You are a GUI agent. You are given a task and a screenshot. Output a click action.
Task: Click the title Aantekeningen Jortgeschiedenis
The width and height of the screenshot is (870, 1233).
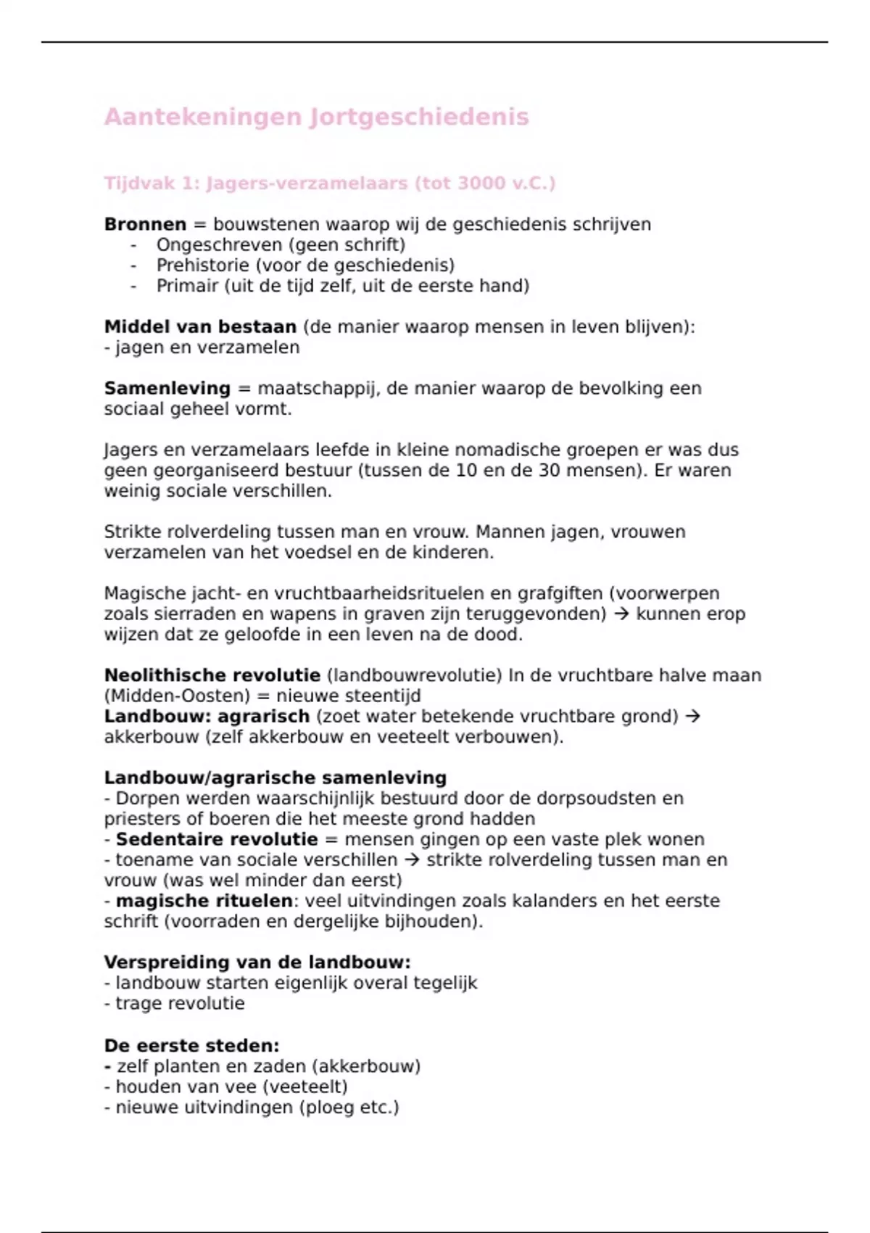316,117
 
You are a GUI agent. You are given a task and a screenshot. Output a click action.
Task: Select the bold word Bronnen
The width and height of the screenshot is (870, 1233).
145,224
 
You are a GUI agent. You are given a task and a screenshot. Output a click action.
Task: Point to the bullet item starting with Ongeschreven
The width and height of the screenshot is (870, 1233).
281,245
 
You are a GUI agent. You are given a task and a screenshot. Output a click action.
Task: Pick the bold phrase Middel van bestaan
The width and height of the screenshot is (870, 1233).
200,327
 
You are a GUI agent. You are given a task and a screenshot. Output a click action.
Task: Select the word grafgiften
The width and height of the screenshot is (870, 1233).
560,593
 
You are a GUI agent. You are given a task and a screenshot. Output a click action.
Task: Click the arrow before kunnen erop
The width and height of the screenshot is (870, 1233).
621,614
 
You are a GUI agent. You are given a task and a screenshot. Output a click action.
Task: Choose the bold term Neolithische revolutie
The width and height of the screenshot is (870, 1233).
212,675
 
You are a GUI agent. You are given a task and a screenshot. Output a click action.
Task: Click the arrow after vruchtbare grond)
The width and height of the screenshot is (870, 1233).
692,717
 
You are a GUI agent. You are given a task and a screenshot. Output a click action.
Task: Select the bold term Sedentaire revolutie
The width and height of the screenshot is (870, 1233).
217,839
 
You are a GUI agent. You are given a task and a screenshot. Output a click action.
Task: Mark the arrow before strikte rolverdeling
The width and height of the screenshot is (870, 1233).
412,860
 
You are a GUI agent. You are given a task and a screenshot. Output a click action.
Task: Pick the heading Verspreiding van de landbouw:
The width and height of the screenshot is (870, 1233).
257,962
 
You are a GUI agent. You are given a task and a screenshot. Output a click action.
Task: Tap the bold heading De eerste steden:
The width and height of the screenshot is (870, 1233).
191,1046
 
